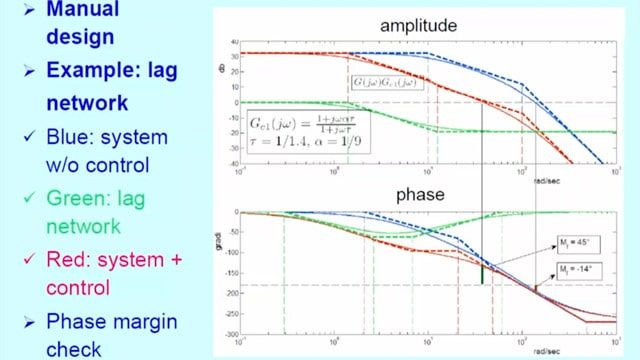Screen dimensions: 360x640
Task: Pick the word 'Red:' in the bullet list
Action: pyautogui.click(x=68, y=259)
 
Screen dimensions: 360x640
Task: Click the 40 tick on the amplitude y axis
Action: pyautogui.click(x=233, y=42)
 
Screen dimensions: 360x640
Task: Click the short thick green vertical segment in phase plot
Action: pyautogui.click(x=482, y=273)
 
